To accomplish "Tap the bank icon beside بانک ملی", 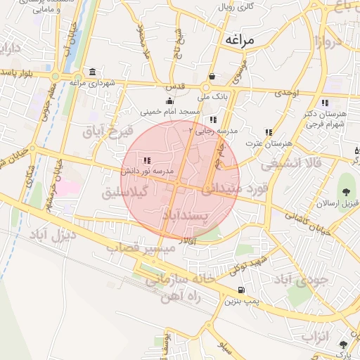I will coord(212,77).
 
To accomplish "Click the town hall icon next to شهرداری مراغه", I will coord(93,72).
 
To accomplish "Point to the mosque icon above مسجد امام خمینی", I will coord(169,101).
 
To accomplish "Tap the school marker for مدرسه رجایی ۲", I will coord(213,120).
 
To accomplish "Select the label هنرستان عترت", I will coord(268,143).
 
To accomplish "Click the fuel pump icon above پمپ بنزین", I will coord(242,290).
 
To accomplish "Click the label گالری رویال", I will coord(236,6).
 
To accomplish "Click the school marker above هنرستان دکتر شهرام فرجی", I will coord(325,103).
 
